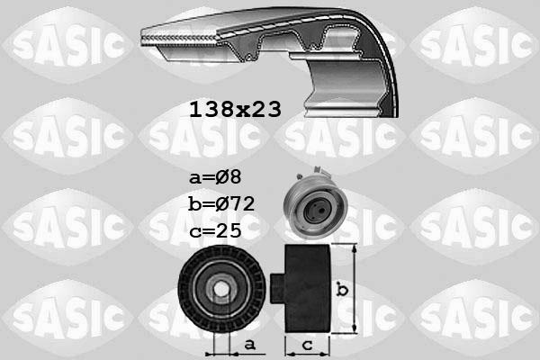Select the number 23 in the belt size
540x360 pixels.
(266, 110)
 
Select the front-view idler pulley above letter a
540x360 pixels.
(220, 287)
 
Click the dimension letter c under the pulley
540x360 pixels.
(308, 346)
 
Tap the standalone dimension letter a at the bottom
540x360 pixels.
(248, 344)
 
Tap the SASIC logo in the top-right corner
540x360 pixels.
(474, 40)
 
